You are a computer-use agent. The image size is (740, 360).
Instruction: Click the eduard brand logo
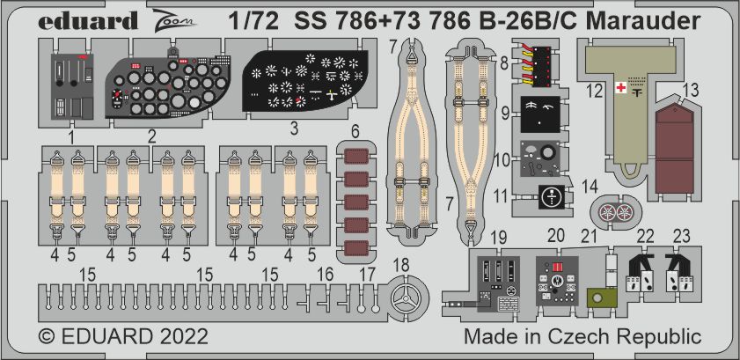[88, 21]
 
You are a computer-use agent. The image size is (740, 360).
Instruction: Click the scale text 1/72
[253, 21]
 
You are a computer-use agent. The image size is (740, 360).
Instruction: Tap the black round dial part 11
[551, 197]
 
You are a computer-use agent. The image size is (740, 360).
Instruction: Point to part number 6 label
[355, 133]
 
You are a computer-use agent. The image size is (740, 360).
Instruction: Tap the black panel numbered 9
[540, 114]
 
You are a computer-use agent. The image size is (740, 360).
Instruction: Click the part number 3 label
[294, 129]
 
